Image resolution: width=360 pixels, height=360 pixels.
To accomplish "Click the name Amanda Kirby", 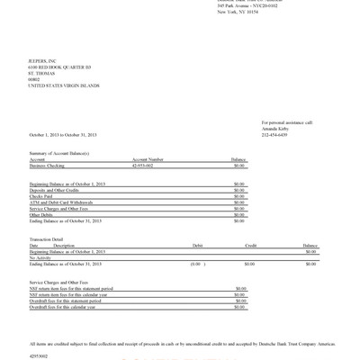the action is pyautogui.click(x=276, y=128).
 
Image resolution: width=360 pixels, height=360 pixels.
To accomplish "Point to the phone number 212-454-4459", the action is pyautogui.click(x=274, y=134).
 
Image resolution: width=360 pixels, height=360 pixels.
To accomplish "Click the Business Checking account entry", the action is pyautogui.click(x=49, y=166).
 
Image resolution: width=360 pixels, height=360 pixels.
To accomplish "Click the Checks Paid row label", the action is pyautogui.click(x=42, y=195).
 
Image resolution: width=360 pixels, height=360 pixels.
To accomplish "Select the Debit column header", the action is pyautogui.click(x=197, y=245).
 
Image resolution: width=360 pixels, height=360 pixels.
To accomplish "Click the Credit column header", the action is pyautogui.click(x=251, y=245).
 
